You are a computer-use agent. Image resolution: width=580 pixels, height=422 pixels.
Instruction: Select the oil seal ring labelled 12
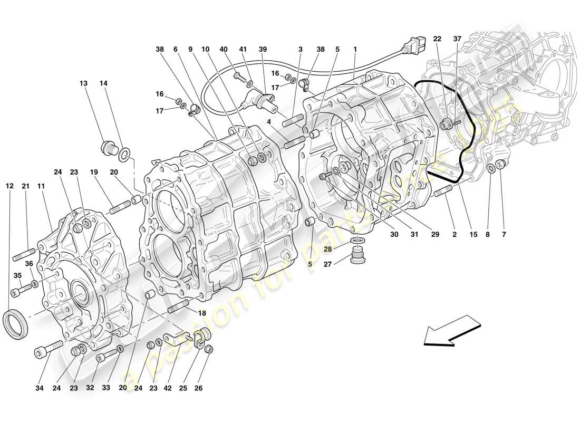(x=17, y=325)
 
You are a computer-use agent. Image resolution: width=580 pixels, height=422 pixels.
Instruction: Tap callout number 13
(x=84, y=83)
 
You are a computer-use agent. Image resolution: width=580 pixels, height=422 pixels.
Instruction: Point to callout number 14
(x=103, y=83)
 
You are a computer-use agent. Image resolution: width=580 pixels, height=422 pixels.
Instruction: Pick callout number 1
(x=355, y=49)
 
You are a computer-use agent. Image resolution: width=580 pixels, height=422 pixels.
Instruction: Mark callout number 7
(x=42, y=186)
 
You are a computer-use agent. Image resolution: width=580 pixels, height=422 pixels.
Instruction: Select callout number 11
(x=42, y=186)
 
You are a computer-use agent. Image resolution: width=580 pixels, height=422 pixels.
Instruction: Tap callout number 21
(x=26, y=186)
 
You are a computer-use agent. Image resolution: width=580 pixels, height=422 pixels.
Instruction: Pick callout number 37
(x=457, y=39)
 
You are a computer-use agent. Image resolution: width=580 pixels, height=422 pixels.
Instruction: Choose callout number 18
(x=202, y=313)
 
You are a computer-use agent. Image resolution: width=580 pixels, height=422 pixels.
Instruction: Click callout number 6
(x=175, y=49)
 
